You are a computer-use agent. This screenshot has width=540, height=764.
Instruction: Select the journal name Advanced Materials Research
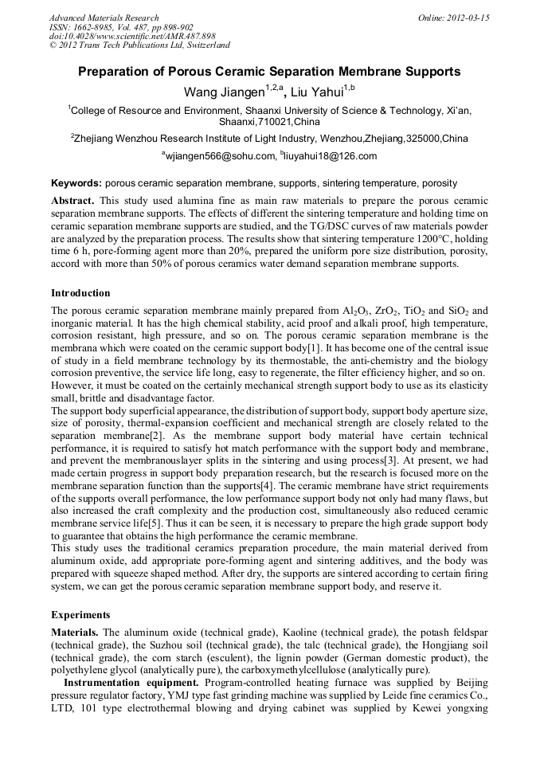click(x=104, y=18)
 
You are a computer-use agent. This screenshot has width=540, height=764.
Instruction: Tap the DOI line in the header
click(x=132, y=37)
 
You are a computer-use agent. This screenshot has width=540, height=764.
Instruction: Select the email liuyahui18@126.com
click(x=330, y=156)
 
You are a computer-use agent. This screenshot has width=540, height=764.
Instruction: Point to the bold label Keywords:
click(x=76, y=182)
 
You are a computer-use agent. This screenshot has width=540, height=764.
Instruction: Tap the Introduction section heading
click(x=80, y=293)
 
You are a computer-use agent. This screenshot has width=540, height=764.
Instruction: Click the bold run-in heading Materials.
click(x=75, y=632)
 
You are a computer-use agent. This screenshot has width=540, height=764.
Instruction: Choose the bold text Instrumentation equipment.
click(x=132, y=683)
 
